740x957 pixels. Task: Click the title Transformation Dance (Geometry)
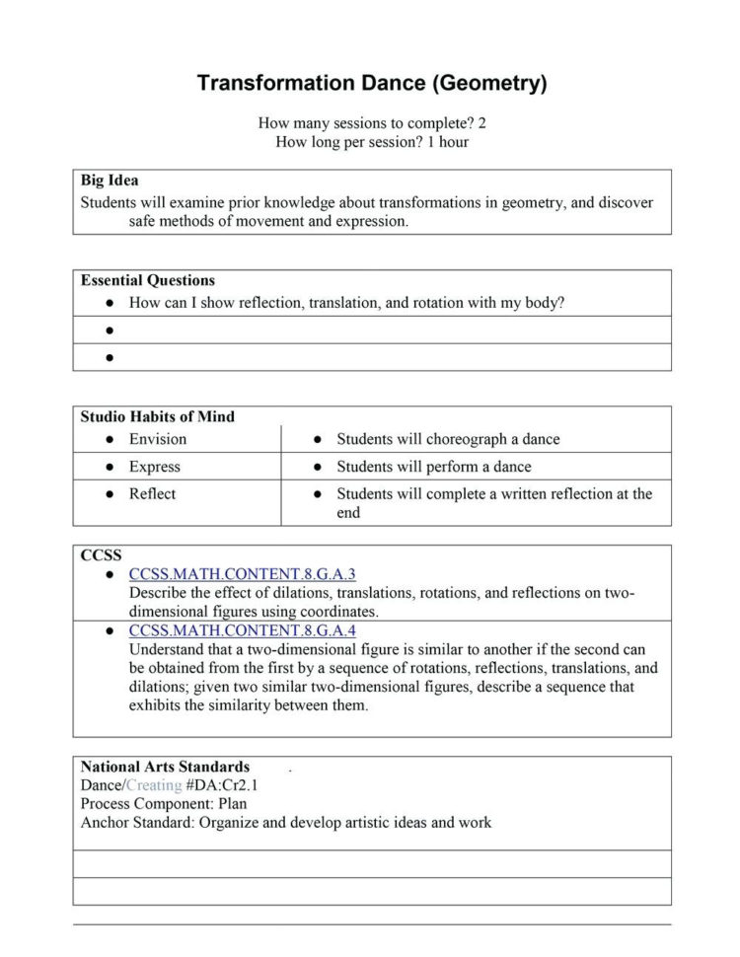click(x=371, y=83)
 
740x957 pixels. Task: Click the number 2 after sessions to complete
click(x=482, y=123)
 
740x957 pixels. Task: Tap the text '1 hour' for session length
click(x=448, y=142)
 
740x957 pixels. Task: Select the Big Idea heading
click(x=110, y=181)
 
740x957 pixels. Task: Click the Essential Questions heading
click(x=148, y=280)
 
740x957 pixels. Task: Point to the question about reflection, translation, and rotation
click(x=346, y=303)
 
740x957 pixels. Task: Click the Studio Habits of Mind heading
click(x=158, y=416)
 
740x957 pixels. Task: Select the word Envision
click(x=157, y=439)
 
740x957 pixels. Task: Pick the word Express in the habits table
click(x=154, y=467)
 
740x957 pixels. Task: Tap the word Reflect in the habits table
click(x=152, y=493)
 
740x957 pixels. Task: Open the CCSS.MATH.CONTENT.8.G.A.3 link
click(x=242, y=574)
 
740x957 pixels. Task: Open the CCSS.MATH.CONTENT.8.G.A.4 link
click(x=242, y=630)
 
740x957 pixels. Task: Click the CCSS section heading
click(x=101, y=555)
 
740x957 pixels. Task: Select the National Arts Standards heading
click(x=165, y=767)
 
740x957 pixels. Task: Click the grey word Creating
click(x=154, y=785)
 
